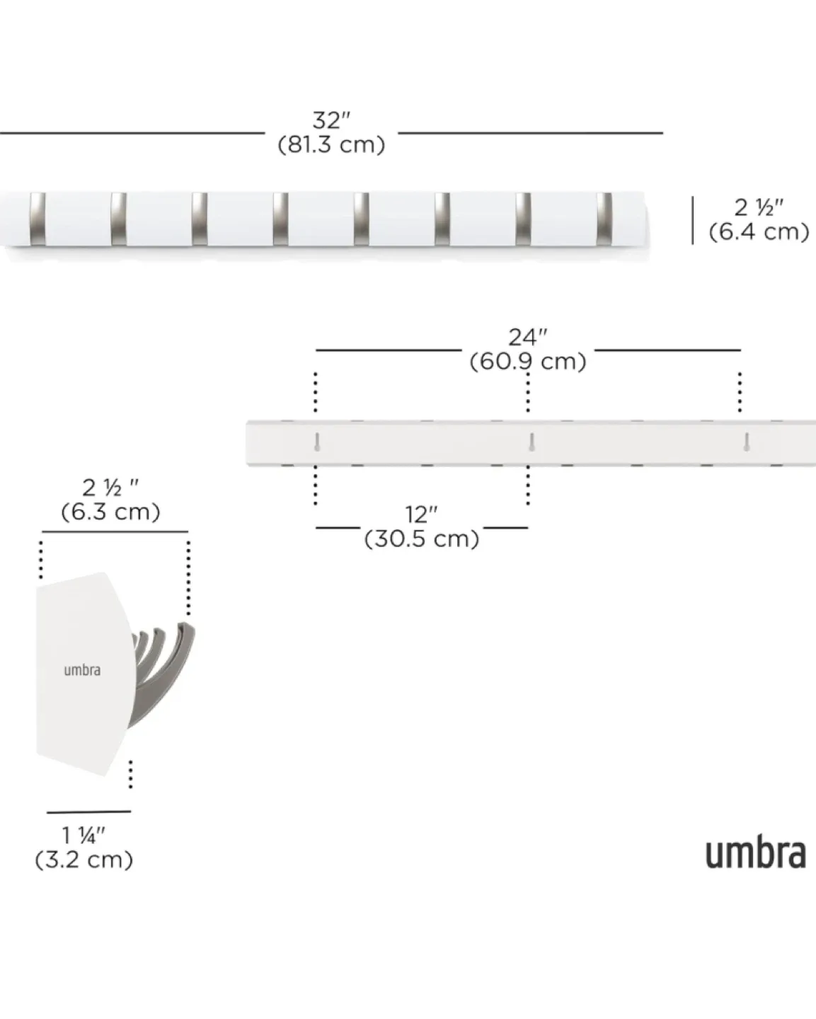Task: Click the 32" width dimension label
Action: pyautogui.click(x=331, y=121)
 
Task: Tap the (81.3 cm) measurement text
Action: pyautogui.click(x=331, y=144)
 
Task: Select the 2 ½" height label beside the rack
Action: pyautogui.click(x=759, y=208)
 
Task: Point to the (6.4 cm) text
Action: pyautogui.click(x=759, y=232)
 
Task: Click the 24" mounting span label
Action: pyautogui.click(x=527, y=338)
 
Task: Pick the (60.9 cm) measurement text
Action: pyautogui.click(x=527, y=362)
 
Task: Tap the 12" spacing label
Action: pyautogui.click(x=421, y=515)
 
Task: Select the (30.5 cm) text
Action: pyautogui.click(x=421, y=539)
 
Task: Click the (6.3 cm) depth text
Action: pyautogui.click(x=110, y=512)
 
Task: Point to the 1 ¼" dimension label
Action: pyautogui.click(x=84, y=836)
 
